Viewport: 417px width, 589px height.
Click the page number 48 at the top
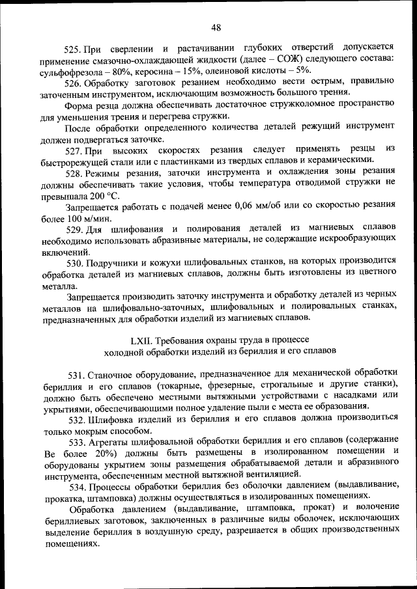(x=217, y=27)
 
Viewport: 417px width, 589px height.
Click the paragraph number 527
(x=74, y=148)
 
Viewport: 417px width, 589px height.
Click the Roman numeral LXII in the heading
(x=141, y=340)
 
